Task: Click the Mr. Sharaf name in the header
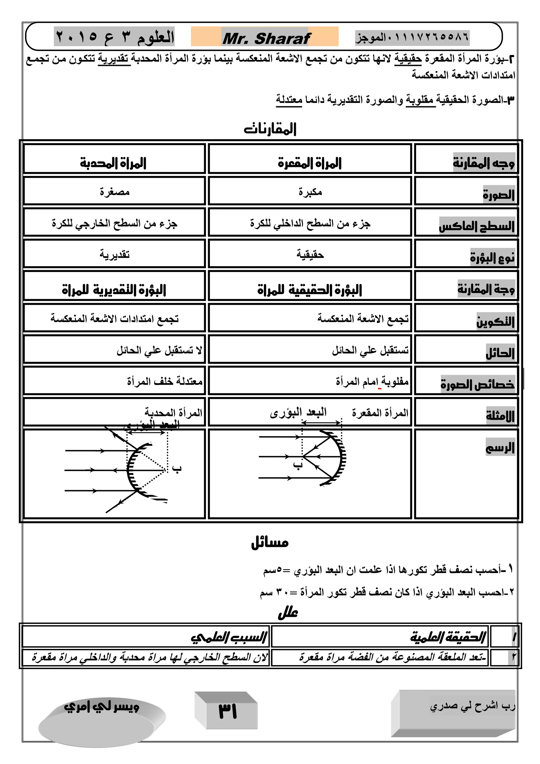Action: tap(266, 39)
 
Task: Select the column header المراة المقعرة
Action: tap(310, 163)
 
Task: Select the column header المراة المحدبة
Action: tap(113, 163)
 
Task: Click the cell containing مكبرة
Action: tap(310, 192)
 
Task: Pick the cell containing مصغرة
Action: tap(114, 192)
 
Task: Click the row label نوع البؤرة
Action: tap(492, 257)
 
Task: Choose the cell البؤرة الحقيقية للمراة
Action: tap(310, 289)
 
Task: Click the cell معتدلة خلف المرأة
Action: tap(165, 381)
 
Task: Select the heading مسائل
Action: tap(270, 543)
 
